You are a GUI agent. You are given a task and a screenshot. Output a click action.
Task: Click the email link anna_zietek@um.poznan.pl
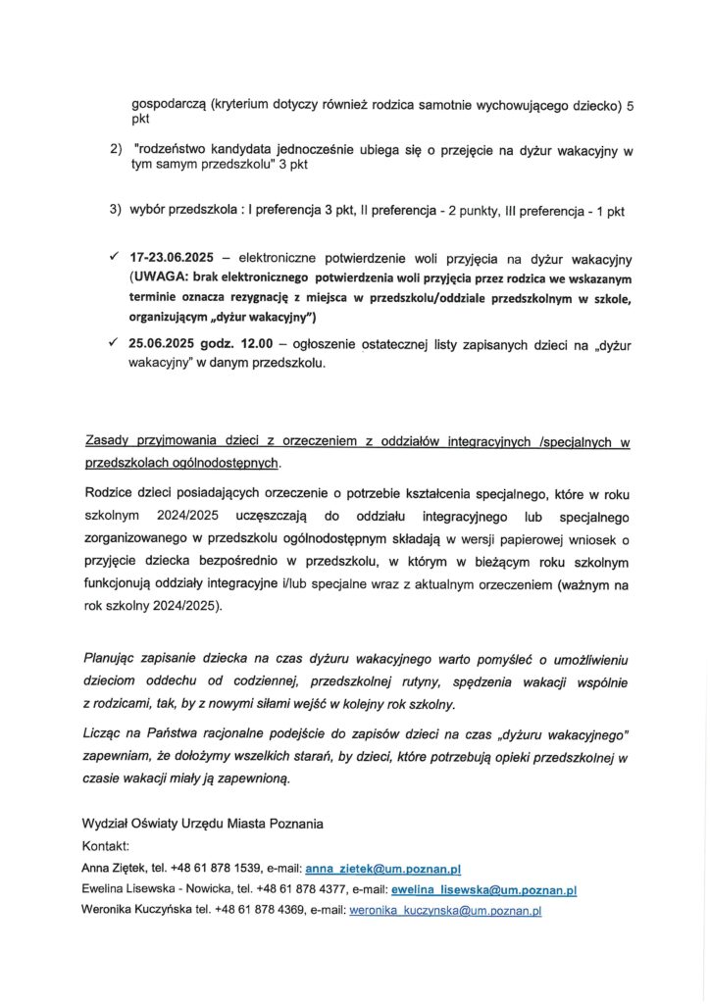tap(383, 869)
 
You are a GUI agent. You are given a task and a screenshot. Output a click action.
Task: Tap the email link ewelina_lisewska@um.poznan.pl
tap(483, 890)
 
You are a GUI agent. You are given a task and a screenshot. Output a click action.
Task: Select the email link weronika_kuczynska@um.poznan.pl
tap(445, 911)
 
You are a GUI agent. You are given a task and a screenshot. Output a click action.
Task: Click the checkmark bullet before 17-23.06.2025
tap(115, 258)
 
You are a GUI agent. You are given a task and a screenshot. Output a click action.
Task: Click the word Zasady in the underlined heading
tap(107, 442)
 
